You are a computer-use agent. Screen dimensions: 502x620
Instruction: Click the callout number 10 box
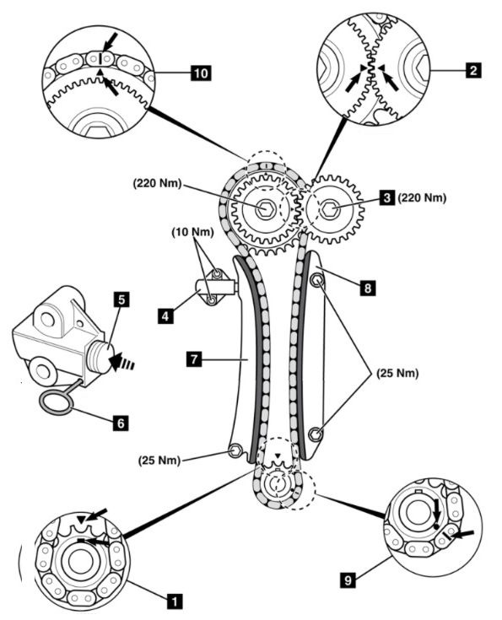point(201,73)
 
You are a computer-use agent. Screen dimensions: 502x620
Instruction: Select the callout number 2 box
point(473,70)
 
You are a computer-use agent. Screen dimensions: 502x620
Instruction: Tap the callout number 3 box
point(387,197)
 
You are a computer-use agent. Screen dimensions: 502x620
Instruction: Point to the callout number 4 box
point(165,316)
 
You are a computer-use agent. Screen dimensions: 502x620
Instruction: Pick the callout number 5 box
point(121,299)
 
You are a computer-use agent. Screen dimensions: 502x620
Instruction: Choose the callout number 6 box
point(121,423)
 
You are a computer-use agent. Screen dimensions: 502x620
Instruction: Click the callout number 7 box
point(195,359)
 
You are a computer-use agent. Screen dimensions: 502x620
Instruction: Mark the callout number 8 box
point(368,288)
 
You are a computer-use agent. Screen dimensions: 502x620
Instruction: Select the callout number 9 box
point(348,580)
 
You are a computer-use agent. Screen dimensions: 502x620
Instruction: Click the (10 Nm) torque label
point(192,233)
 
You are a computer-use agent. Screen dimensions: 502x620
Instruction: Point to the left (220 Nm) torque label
point(158,184)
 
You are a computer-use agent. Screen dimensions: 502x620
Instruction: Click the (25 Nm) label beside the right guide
point(397,373)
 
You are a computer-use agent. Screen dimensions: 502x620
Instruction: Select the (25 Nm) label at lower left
point(159,461)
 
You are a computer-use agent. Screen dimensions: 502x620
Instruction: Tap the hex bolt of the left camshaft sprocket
point(263,208)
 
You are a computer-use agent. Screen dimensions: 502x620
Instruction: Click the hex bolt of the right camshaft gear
point(330,208)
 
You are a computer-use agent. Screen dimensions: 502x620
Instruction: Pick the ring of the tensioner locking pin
point(56,404)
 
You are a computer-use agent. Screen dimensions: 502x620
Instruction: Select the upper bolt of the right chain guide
point(317,280)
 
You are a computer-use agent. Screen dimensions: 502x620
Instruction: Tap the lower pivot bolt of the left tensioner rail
point(235,450)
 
